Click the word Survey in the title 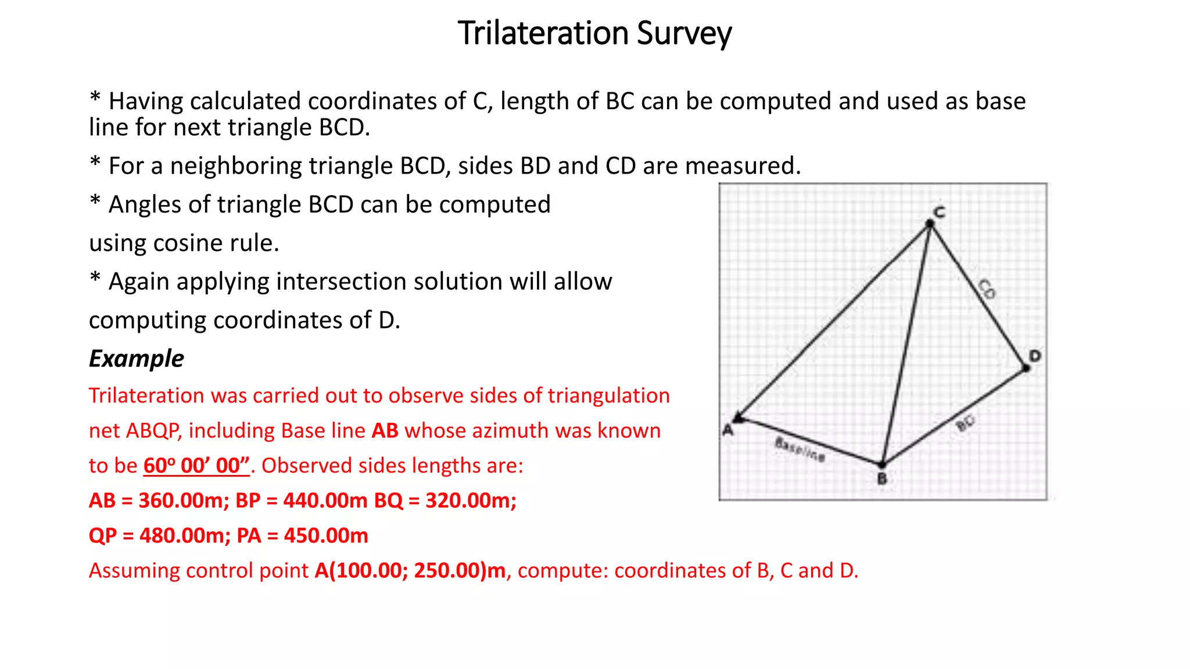coord(684,34)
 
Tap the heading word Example coord(137,359)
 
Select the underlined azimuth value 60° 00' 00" coord(196,466)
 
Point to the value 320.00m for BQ coord(471,501)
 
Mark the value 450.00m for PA coord(326,535)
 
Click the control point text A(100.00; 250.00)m coord(410,571)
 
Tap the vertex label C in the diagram coord(940,211)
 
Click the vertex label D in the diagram coord(1035,355)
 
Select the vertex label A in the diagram coord(727,430)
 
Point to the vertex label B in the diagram coord(882,479)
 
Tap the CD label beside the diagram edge coord(987,289)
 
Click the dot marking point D coord(1026,368)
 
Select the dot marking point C coord(930,224)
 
